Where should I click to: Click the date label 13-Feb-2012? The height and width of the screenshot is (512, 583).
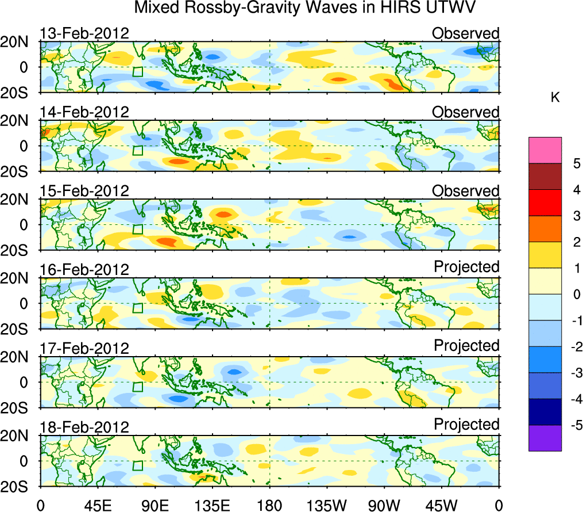point(84,33)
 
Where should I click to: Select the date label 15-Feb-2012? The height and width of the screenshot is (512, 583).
point(84,191)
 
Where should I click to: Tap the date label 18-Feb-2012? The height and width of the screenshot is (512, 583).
point(84,427)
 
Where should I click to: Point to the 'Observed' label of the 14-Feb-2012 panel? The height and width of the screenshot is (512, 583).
point(465,112)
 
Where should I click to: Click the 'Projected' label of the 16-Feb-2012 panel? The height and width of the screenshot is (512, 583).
point(466,267)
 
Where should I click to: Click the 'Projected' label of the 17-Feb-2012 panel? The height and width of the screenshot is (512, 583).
point(466,346)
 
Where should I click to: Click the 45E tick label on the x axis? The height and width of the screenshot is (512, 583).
point(97,505)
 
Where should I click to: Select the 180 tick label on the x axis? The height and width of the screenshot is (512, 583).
point(269,505)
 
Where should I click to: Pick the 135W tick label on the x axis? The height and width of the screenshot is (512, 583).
point(327,505)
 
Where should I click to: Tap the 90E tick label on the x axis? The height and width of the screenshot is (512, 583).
point(155,505)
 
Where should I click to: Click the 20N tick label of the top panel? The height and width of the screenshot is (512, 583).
point(18,42)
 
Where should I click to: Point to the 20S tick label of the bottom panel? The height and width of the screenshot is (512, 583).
point(18,487)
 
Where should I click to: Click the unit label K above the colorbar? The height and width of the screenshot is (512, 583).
point(555,98)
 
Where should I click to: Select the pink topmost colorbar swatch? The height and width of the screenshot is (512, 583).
point(545,151)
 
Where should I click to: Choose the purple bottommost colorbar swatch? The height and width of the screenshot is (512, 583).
point(545,438)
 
